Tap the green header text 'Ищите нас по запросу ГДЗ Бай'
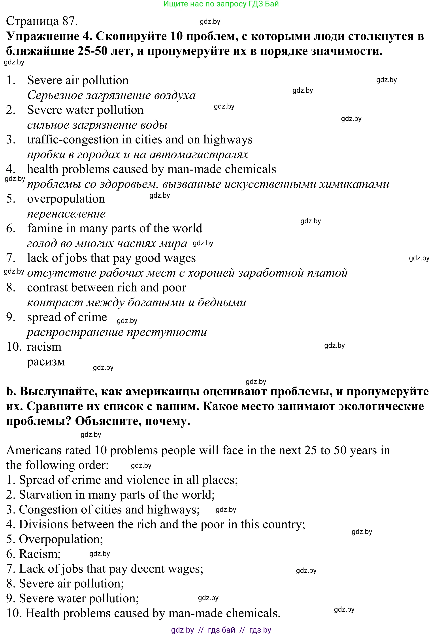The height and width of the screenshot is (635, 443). click(x=221, y=4)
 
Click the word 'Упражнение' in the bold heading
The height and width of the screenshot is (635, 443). click(x=43, y=36)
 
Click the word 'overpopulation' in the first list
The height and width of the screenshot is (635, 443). click(x=66, y=199)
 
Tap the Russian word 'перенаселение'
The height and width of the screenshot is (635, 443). click(x=66, y=214)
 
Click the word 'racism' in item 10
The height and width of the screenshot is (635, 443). click(x=44, y=347)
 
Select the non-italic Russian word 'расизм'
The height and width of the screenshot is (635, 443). click(x=46, y=362)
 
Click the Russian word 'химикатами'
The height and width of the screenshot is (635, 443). click(x=354, y=184)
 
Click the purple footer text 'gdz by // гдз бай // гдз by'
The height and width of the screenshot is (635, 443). click(x=221, y=630)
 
